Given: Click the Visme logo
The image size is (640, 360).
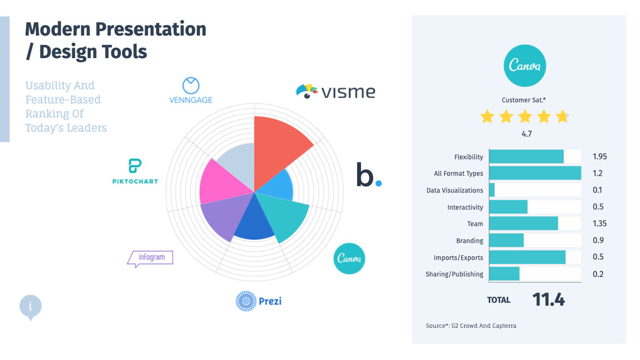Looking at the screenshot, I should pyautogui.click(x=335, y=91).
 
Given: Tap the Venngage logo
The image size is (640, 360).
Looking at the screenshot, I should pyautogui.click(x=190, y=91).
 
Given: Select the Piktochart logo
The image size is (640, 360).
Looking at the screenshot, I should pyautogui.click(x=135, y=172).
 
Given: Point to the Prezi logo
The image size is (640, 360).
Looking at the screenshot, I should pyautogui.click(x=259, y=301).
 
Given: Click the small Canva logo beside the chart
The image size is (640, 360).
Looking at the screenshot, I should pyautogui.click(x=349, y=259).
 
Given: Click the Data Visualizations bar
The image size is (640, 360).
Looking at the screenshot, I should pyautogui.click(x=492, y=190).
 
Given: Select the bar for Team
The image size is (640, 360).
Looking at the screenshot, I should pyautogui.click(x=523, y=223).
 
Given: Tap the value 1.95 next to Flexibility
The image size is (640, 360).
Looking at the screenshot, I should pyautogui.click(x=599, y=157).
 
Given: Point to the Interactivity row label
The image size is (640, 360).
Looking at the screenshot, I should pyautogui.click(x=465, y=207).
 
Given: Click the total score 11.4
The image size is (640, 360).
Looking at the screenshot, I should pyautogui.click(x=548, y=300).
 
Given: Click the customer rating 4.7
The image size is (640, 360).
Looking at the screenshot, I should pyautogui.click(x=526, y=134).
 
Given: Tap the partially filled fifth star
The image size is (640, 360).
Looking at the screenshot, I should pyautogui.click(x=562, y=116).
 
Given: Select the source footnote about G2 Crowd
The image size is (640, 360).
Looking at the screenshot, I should pyautogui.click(x=471, y=325).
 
